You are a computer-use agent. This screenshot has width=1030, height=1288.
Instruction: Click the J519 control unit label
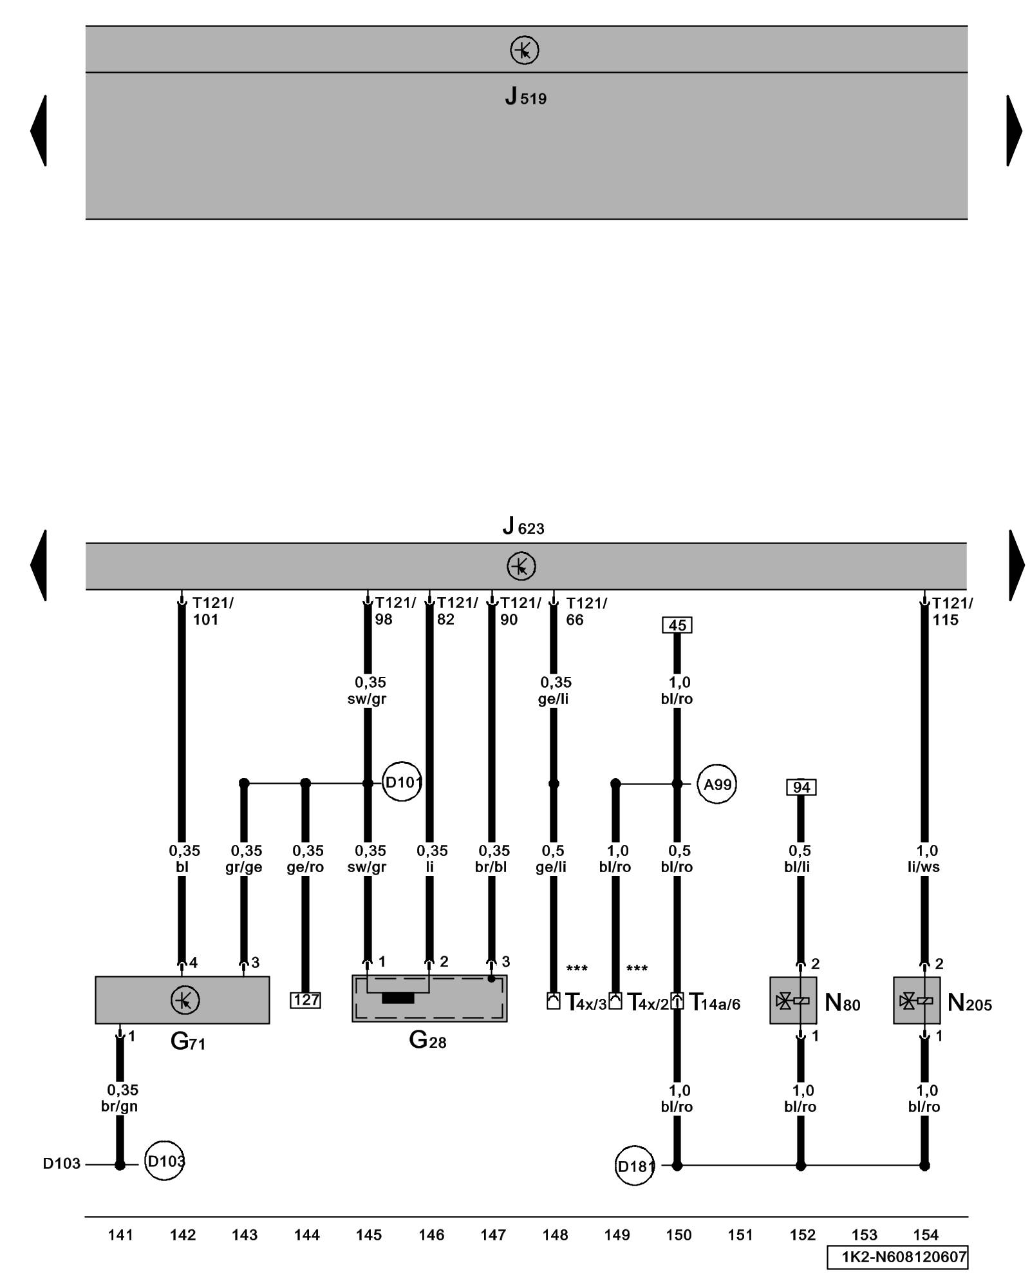click(525, 97)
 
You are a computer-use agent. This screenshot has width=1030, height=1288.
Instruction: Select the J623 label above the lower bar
click(523, 527)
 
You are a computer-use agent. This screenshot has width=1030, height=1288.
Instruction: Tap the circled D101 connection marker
click(402, 782)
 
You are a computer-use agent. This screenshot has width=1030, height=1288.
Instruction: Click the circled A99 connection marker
click(717, 784)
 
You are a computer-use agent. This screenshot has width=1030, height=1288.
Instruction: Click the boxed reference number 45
click(677, 625)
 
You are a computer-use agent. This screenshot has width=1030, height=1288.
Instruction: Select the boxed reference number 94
click(801, 787)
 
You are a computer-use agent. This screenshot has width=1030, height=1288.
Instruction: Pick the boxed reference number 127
click(305, 1000)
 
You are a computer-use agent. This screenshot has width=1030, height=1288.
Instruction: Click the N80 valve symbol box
click(793, 1000)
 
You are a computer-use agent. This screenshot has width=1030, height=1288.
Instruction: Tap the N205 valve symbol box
click(917, 1000)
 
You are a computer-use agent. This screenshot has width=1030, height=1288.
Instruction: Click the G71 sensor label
click(187, 1041)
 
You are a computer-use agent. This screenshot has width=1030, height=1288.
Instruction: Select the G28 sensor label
click(427, 1039)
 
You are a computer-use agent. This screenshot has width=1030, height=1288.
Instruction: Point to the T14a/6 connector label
click(715, 1003)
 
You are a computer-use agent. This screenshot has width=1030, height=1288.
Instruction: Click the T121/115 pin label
click(953, 611)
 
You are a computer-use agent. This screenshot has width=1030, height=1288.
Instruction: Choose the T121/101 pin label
click(213, 611)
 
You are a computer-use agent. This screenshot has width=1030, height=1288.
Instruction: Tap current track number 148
click(555, 1235)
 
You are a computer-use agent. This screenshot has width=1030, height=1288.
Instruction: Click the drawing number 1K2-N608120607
click(897, 1257)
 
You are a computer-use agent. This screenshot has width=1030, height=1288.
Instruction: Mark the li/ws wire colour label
click(924, 867)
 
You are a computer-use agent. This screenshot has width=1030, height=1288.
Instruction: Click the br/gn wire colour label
click(120, 1106)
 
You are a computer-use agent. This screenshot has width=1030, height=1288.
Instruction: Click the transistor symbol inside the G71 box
click(185, 1000)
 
